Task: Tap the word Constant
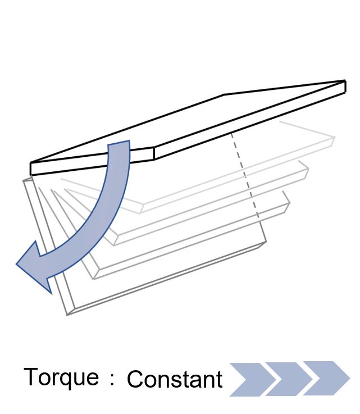click(175, 379)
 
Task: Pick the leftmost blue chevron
click(253, 379)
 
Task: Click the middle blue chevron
click(289, 379)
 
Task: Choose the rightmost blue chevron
click(326, 379)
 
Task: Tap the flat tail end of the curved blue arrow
click(119, 143)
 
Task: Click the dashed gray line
click(245, 176)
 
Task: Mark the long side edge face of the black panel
click(250, 120)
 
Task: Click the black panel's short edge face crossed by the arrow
click(92, 161)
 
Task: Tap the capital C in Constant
click(135, 379)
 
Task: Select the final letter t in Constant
click(219, 380)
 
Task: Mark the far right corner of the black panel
click(345, 80)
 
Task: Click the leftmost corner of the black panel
click(31, 163)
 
